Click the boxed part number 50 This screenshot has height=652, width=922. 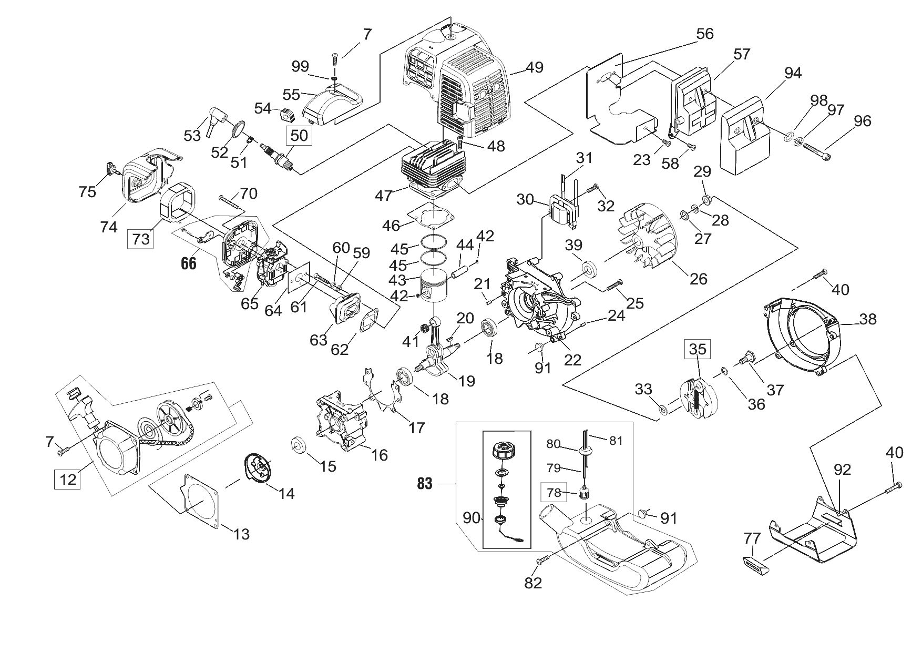pyautogui.click(x=299, y=135)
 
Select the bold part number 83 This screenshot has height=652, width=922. pyautogui.click(x=425, y=483)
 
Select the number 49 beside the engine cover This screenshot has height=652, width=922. pyautogui.click(x=535, y=67)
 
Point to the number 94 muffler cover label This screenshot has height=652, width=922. pyautogui.click(x=793, y=73)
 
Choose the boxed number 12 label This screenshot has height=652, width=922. pyautogui.click(x=68, y=479)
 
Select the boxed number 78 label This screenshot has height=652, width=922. pyautogui.click(x=554, y=493)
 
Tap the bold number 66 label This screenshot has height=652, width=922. pyautogui.click(x=189, y=263)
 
